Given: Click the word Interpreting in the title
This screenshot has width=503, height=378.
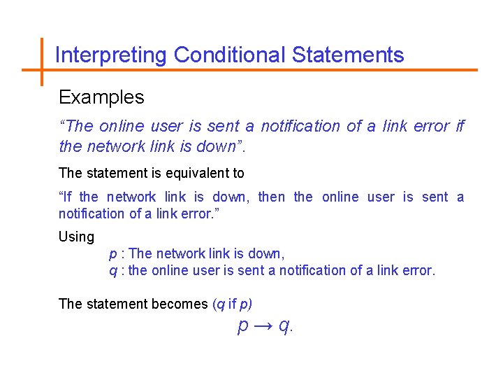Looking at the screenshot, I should [111, 55].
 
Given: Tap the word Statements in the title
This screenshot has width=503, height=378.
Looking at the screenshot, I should [348, 55].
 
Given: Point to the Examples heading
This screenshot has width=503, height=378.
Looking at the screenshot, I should [101, 97].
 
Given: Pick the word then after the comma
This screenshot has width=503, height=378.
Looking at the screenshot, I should [272, 197].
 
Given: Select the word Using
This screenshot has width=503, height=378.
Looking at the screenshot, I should [76, 237].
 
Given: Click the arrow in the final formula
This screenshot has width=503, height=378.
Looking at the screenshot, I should [264, 325].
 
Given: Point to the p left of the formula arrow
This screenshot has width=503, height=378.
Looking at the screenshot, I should [244, 326].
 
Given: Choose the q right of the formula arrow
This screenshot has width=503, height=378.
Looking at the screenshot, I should [284, 326].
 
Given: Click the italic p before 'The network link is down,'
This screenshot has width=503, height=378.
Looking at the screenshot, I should [113, 254].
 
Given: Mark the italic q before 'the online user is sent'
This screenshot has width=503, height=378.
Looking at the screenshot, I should [113, 271].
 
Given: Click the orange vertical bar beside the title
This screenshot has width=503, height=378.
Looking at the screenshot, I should [41, 62].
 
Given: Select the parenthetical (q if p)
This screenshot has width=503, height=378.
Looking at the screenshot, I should [232, 304].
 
